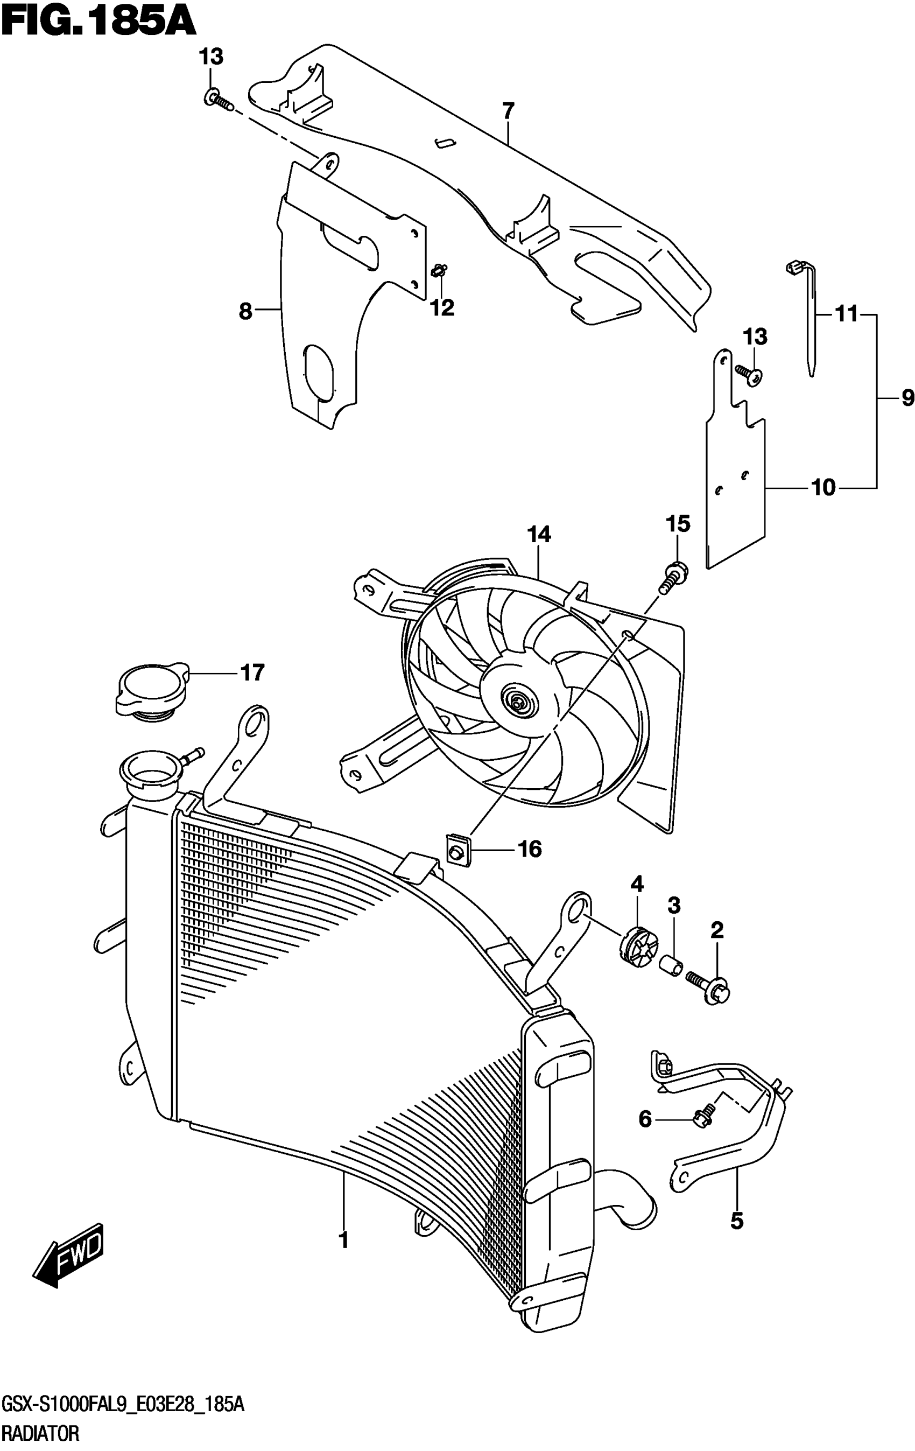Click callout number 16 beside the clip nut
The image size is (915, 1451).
tap(530, 849)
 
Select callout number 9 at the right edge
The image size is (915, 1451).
tap(907, 398)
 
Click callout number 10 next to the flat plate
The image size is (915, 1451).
tap(823, 487)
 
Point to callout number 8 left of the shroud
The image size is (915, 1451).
tap(245, 311)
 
